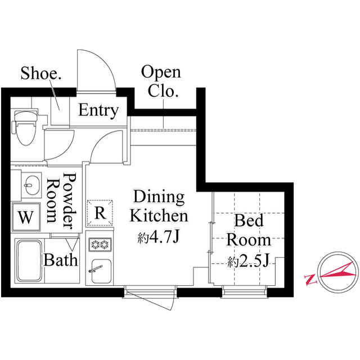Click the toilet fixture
tap(25, 128)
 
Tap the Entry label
tap(98, 111)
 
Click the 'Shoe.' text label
tap(41, 73)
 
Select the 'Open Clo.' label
tap(161, 82)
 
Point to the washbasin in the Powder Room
tap(31, 185)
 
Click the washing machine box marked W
tap(26, 217)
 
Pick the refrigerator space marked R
tap(100, 213)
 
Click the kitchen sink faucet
tap(96, 269)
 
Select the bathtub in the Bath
tap(29, 260)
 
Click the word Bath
tap(61, 260)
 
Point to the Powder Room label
tap(61, 201)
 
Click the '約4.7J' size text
tap(158, 237)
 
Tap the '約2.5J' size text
tap(248, 261)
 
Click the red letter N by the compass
tap(310, 279)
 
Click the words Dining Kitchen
tap(159, 206)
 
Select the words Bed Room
tap(249, 230)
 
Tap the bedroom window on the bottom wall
tap(245, 292)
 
